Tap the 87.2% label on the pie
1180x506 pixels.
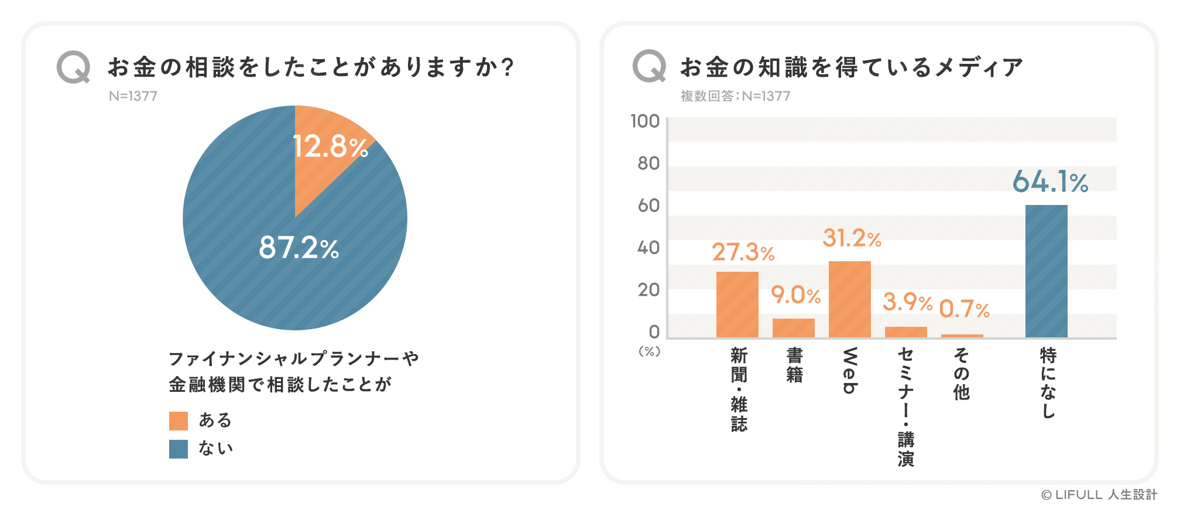pos(299,248)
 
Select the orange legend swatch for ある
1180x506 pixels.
pos(179,421)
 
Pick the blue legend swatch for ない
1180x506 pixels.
pos(179,449)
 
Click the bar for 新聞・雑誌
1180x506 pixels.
pos(737,305)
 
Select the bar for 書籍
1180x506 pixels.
pos(793,328)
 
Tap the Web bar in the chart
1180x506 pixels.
pos(849,299)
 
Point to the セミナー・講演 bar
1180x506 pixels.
pos(905,332)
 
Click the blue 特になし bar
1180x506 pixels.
pos(1046,271)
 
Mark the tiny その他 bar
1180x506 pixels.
pos(962,336)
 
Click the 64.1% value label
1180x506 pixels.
pos(1050,182)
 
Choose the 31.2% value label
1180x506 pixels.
pos(852,238)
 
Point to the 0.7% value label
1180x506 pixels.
pos(964,309)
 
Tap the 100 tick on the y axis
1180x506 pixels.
pos(645,121)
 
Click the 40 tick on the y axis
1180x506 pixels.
pos(649,248)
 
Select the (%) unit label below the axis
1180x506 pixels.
pos(649,351)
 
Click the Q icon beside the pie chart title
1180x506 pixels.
pos(74,67)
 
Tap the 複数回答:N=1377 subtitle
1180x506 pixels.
pos(735,96)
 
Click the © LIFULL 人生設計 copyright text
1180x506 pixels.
pos(1099,495)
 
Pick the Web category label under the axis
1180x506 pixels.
pos(850,371)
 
